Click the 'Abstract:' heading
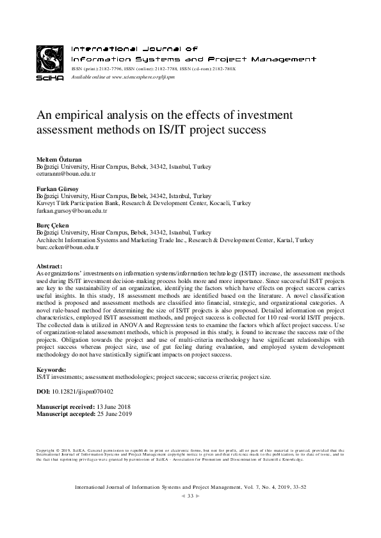click(51, 265)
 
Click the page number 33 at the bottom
click(190, 496)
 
